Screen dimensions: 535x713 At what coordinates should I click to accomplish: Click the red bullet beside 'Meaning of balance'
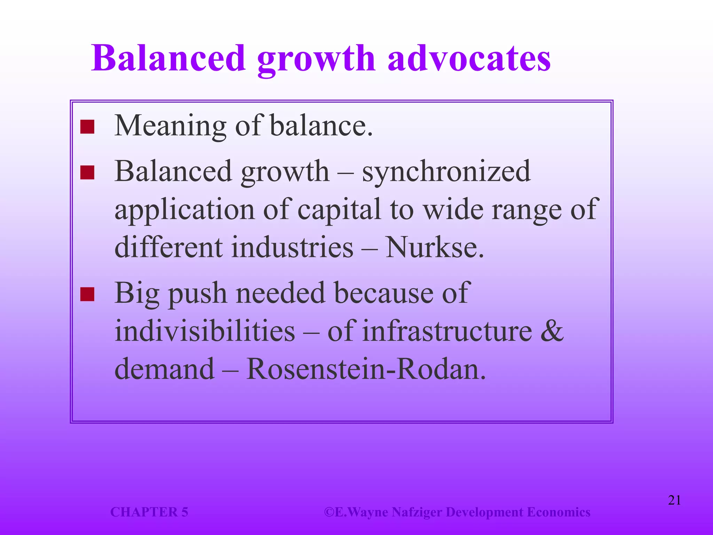pos(87,127)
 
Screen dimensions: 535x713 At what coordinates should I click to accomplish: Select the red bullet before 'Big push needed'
pos(87,294)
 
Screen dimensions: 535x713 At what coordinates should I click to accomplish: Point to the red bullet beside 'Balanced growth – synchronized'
pos(87,172)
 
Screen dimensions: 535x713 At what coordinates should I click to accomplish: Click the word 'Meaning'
pos(171,126)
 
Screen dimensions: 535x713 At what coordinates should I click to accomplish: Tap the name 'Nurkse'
pos(434,247)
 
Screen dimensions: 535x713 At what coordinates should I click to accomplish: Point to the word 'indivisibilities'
pos(205,331)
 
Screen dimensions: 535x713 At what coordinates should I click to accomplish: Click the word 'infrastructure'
pos(447,331)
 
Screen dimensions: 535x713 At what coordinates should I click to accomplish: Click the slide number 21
pos(674,500)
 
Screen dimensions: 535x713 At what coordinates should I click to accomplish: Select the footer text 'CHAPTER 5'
pos(149,512)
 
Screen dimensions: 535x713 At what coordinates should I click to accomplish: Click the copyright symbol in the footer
pos(329,512)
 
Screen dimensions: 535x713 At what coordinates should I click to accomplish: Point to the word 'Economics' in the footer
pos(558,512)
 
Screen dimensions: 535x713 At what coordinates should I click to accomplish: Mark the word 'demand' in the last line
pos(164,369)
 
